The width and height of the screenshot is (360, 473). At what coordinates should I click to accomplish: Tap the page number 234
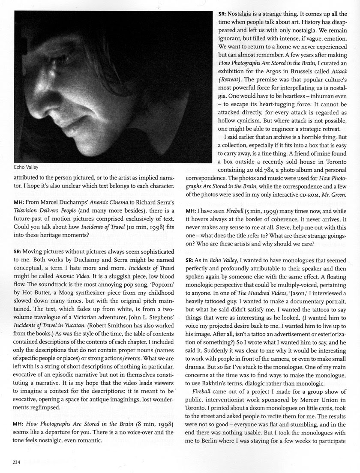(17, 462)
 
